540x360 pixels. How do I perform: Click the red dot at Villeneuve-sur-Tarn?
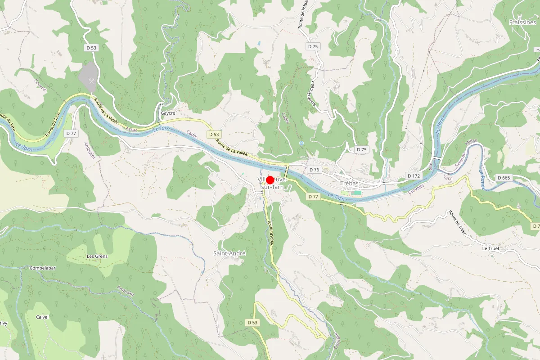point(270,180)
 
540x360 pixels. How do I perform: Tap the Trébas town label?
point(349,184)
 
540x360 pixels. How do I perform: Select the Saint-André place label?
point(229,253)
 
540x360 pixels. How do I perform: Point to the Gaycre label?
point(168,113)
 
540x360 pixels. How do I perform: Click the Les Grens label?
point(97,256)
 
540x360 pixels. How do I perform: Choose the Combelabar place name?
point(42,268)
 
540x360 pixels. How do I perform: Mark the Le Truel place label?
point(490,248)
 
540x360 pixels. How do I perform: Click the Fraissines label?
point(522,22)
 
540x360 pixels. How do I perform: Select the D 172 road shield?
point(414,175)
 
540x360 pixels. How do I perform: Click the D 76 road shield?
point(314,170)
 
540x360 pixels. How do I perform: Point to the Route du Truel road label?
point(457,221)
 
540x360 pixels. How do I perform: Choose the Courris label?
point(40,85)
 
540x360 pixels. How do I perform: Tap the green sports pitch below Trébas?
point(355,193)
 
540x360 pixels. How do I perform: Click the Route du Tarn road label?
point(53,125)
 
